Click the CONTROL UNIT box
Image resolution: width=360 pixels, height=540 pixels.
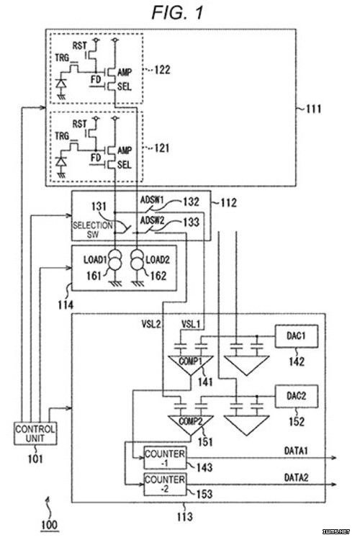click(x=35, y=433)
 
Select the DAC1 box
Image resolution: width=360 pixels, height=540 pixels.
click(x=296, y=336)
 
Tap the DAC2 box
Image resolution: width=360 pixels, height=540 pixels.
click(x=296, y=397)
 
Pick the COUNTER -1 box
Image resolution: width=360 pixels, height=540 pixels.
click(x=165, y=458)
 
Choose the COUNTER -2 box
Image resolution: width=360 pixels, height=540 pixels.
click(x=165, y=485)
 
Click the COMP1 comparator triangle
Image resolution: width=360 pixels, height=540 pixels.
click(x=191, y=365)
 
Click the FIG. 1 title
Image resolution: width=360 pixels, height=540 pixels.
click(x=177, y=13)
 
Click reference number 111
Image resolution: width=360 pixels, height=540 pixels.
click(x=313, y=109)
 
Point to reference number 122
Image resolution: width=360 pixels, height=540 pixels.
click(x=162, y=70)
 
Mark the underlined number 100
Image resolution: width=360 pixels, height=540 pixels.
click(x=49, y=526)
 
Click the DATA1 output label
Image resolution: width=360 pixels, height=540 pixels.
click(x=296, y=451)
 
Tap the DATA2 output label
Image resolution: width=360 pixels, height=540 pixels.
click(x=296, y=477)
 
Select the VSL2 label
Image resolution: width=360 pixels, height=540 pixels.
click(x=151, y=324)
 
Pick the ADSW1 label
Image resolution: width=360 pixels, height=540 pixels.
click(x=152, y=199)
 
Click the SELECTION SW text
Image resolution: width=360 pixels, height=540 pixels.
click(x=92, y=230)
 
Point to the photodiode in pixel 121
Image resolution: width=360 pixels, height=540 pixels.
click(x=61, y=161)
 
